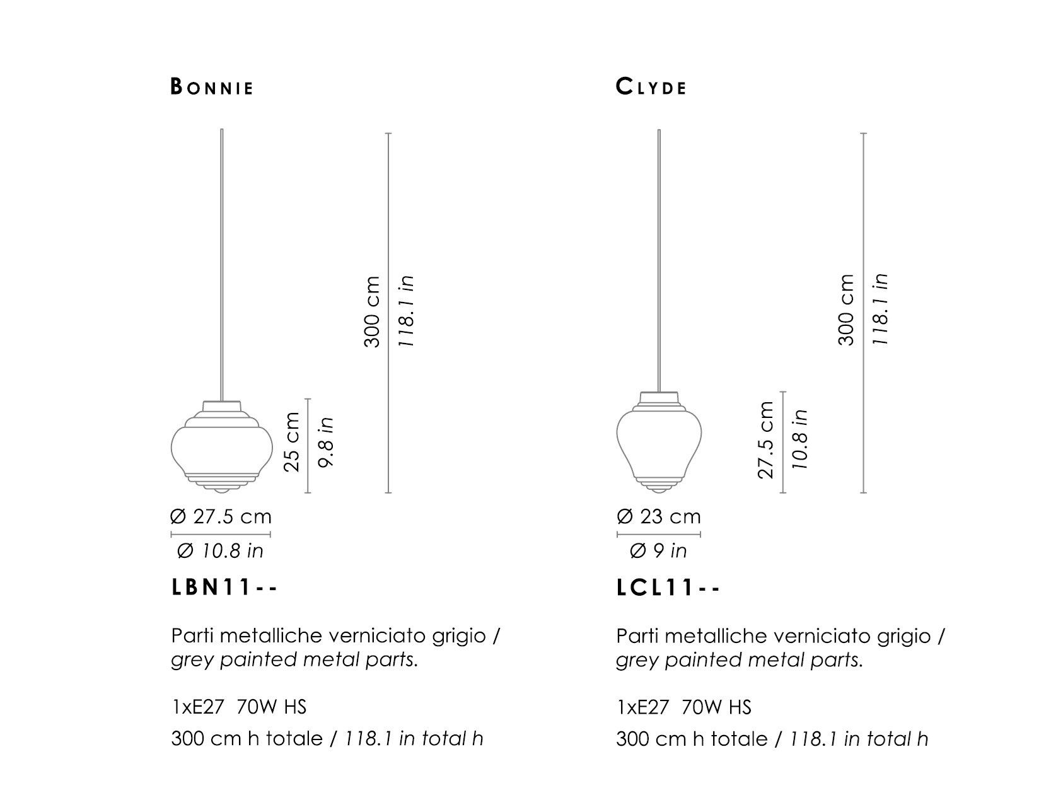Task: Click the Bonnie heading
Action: [x=212, y=87]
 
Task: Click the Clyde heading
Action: [x=651, y=87]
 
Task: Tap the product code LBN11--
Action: [x=224, y=588]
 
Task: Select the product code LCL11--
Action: [x=668, y=588]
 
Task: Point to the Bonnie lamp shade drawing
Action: [x=222, y=447]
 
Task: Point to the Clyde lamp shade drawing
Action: [x=659, y=442]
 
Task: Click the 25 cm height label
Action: [x=292, y=442]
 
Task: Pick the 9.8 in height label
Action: [x=325, y=443]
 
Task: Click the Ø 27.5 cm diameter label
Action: [x=221, y=516]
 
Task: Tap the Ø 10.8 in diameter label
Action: [x=220, y=551]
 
